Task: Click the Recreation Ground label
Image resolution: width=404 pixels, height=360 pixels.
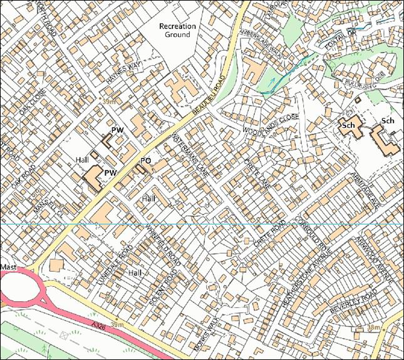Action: click(x=178, y=31)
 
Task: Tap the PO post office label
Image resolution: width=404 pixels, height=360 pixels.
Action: click(x=145, y=161)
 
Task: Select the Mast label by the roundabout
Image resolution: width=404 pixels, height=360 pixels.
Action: click(x=9, y=267)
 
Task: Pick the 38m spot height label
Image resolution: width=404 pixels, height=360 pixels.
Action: click(x=373, y=327)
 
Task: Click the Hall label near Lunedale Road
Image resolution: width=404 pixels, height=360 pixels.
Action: click(x=135, y=274)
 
